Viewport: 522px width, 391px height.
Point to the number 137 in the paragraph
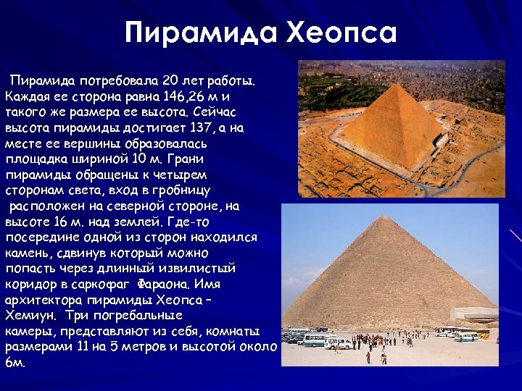pyautogui.click(x=197, y=127)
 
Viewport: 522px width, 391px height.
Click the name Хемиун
pyautogui.click(x=30, y=316)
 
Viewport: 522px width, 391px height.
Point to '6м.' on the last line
pyautogui.click(x=15, y=363)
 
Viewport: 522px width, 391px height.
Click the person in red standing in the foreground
pyautogui.click(x=368, y=356)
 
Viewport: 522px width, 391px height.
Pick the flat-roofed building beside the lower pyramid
pyautogui.click(x=475, y=314)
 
